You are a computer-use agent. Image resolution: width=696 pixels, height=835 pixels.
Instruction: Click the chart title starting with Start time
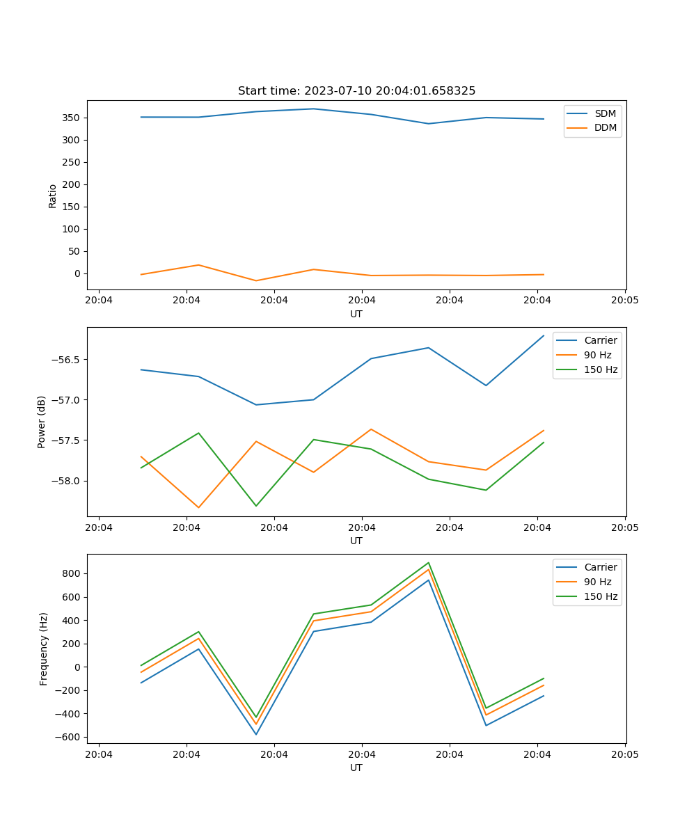click(x=356, y=91)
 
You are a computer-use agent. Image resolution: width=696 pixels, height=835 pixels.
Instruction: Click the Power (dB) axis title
click(x=42, y=422)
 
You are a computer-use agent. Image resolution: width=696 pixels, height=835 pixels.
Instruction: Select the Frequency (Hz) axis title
click(x=44, y=649)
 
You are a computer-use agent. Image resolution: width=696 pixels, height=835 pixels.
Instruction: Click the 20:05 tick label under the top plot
click(x=624, y=301)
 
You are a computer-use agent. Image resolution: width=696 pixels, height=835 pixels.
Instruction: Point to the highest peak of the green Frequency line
click(x=429, y=563)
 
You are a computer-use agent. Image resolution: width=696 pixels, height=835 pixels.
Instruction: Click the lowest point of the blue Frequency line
click(x=256, y=734)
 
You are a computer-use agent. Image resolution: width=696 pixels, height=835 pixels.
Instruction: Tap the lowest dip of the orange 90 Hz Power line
click(x=198, y=507)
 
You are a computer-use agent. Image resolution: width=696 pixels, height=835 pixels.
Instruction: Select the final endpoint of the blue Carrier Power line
click(x=544, y=335)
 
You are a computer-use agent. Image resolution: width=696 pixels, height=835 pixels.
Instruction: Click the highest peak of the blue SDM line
click(x=313, y=109)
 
